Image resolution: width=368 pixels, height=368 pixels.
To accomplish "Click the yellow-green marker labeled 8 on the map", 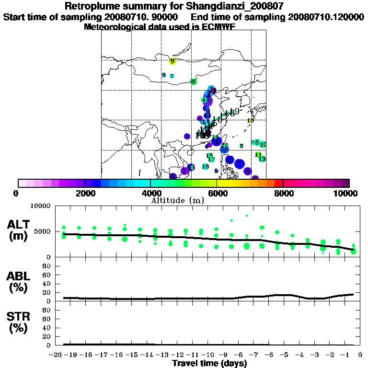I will (172, 61).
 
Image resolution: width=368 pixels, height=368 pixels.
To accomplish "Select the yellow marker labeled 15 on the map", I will (250, 121).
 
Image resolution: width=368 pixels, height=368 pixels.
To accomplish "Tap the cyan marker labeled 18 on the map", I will (205, 167).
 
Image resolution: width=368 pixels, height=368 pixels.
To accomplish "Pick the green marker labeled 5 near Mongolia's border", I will (193, 82).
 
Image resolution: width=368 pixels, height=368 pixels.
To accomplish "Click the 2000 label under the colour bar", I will (84, 194).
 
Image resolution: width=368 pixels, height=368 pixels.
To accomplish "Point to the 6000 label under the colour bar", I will (217, 194).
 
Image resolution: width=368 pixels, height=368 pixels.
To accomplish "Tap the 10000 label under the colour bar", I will (346, 194).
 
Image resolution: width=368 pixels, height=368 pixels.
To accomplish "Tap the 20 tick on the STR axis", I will (47, 336).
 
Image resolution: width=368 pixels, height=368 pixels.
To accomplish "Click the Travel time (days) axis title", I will (209, 363).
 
